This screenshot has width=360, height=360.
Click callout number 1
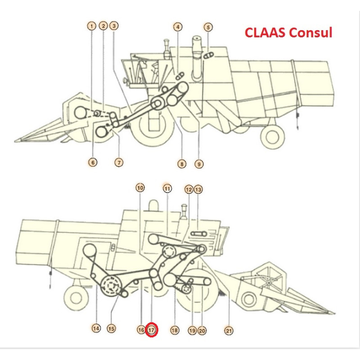click(x=92, y=27)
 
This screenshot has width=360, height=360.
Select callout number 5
click(x=208, y=27)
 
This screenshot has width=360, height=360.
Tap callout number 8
click(x=182, y=164)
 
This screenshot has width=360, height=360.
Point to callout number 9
click(x=199, y=164)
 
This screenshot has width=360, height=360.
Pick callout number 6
click(x=92, y=162)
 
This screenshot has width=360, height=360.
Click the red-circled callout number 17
click(x=152, y=330)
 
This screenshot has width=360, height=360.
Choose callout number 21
click(x=229, y=331)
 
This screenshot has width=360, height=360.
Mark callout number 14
click(x=96, y=328)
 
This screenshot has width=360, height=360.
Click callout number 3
click(x=115, y=27)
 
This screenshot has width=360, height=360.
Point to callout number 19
click(x=192, y=331)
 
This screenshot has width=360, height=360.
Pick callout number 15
click(x=111, y=328)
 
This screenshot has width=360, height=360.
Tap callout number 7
click(x=119, y=162)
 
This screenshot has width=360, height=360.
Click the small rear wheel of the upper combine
click(x=274, y=134)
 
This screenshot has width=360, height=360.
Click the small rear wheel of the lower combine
click(x=76, y=297)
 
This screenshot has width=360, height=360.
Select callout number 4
click(x=178, y=27)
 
